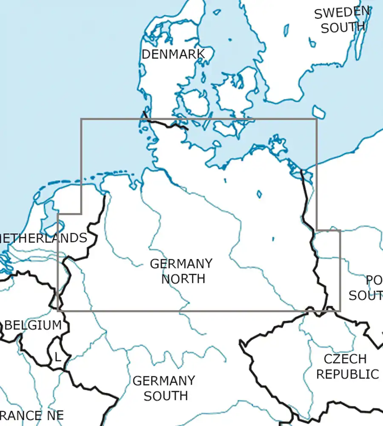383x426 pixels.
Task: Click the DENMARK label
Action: pos(173,55)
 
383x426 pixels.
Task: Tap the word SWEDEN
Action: pos(341,13)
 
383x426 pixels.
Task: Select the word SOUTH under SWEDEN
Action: pos(343,28)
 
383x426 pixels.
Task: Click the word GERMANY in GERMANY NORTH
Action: pos(181,264)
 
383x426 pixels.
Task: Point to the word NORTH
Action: pos(183,279)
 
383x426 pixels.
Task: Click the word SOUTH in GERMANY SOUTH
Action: pos(166,396)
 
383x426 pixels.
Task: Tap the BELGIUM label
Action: pos(33,325)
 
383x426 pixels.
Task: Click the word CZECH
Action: pos(345,359)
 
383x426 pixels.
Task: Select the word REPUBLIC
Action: pos(347,374)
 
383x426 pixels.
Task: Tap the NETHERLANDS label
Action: pos(43,238)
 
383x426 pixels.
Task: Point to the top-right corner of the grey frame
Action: pos(317,119)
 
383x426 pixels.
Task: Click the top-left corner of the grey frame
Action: pos(81,119)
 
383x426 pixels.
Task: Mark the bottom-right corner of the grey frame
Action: pos(340,311)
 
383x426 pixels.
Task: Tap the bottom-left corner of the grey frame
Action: pos(57,311)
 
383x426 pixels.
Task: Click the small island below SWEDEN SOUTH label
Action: pos(319,112)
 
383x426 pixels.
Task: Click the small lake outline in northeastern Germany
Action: pos(259,194)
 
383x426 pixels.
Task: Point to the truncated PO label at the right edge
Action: pos(374,280)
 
